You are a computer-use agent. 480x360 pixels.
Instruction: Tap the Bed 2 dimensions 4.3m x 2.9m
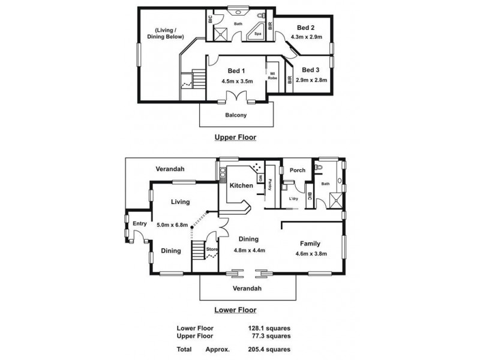[x=307, y=37]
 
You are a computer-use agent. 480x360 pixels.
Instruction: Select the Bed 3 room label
[x=311, y=70]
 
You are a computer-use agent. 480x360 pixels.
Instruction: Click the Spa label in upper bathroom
[x=257, y=34]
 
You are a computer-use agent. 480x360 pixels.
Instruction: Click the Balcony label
[x=236, y=115]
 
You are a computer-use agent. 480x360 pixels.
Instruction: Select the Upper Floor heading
[x=235, y=137]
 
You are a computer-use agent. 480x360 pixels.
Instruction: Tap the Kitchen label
[x=241, y=186]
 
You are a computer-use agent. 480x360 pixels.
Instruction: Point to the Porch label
[x=298, y=170]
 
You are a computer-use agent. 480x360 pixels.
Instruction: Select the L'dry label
[x=293, y=199]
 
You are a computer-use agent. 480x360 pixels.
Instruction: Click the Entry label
[x=139, y=224]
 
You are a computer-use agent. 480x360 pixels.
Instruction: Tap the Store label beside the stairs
[x=211, y=249]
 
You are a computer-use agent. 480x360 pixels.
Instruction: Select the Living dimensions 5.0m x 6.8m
[x=172, y=225]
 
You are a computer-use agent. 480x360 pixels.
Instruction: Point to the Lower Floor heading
[x=235, y=310]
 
